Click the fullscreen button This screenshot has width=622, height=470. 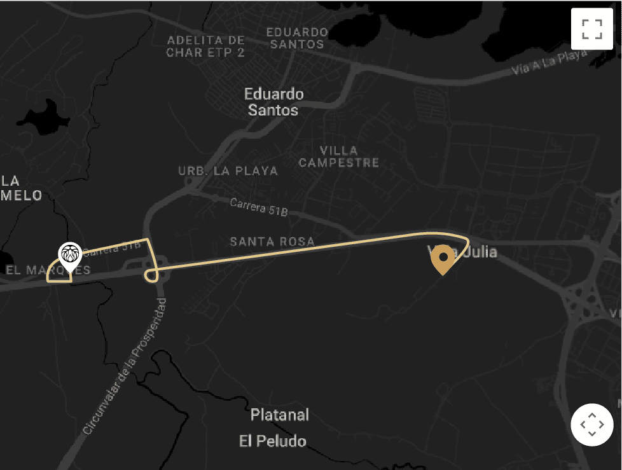591,29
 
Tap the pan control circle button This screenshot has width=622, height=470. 591,424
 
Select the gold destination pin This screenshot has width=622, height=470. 443,259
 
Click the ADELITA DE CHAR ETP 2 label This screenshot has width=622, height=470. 205,46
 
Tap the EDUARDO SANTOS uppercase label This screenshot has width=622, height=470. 297,38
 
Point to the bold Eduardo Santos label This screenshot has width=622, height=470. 273,102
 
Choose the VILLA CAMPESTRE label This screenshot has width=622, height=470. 339,156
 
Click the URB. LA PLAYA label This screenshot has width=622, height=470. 228,170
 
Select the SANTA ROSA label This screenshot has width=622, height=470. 272,242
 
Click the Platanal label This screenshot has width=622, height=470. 280,415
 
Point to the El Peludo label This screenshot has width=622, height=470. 273,441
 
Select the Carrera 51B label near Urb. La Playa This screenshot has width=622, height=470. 258,206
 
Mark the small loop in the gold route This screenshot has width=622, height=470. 151,275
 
